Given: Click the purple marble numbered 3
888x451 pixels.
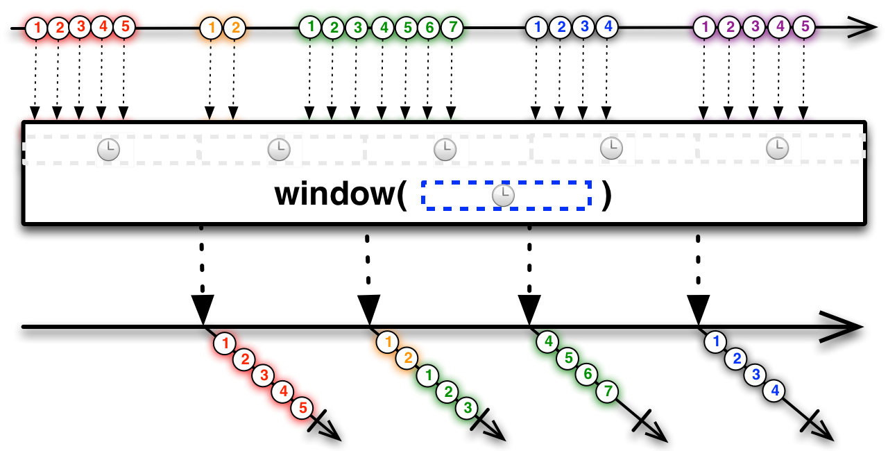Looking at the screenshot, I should coord(754,28).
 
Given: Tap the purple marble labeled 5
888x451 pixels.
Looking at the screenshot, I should coord(803,27).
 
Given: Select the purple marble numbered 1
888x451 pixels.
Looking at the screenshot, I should coord(704,28).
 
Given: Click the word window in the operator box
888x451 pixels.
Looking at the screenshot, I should coord(335,194).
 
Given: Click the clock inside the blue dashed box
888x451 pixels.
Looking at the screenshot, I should coord(503,196).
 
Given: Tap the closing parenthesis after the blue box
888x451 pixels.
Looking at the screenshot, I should coord(607,195).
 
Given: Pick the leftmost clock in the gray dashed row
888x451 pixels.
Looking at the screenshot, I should coord(108,149).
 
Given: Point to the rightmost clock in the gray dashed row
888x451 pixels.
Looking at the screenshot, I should coord(777,148).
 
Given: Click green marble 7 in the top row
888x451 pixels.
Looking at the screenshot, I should coord(452,27).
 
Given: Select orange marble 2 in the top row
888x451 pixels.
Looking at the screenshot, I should coord(235,28).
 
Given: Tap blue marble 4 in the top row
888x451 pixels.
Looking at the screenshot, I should coord(607,27).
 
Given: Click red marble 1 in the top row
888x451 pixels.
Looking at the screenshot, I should coord(36,28).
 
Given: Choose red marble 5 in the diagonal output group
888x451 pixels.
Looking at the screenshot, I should coord(302,408).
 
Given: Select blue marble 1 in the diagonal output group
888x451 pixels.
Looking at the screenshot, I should coord(715,341).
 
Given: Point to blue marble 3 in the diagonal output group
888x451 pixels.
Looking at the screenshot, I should coord(755,375).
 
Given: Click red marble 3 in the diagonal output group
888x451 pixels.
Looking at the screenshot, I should coord(263,375).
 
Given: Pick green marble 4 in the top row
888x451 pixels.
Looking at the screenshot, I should coord(382,28).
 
